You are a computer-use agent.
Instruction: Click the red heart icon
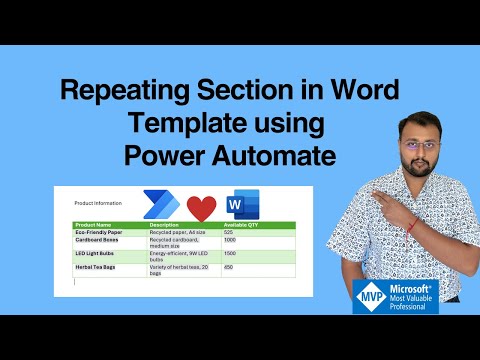[x=201, y=208]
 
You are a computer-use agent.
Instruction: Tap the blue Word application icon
[x=242, y=204]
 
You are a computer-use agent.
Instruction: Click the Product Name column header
[x=93, y=225]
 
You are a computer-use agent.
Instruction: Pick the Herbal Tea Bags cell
[x=98, y=268]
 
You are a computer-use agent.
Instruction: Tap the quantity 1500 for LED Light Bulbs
[x=230, y=254]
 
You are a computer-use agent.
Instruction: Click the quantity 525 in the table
[x=228, y=232]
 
